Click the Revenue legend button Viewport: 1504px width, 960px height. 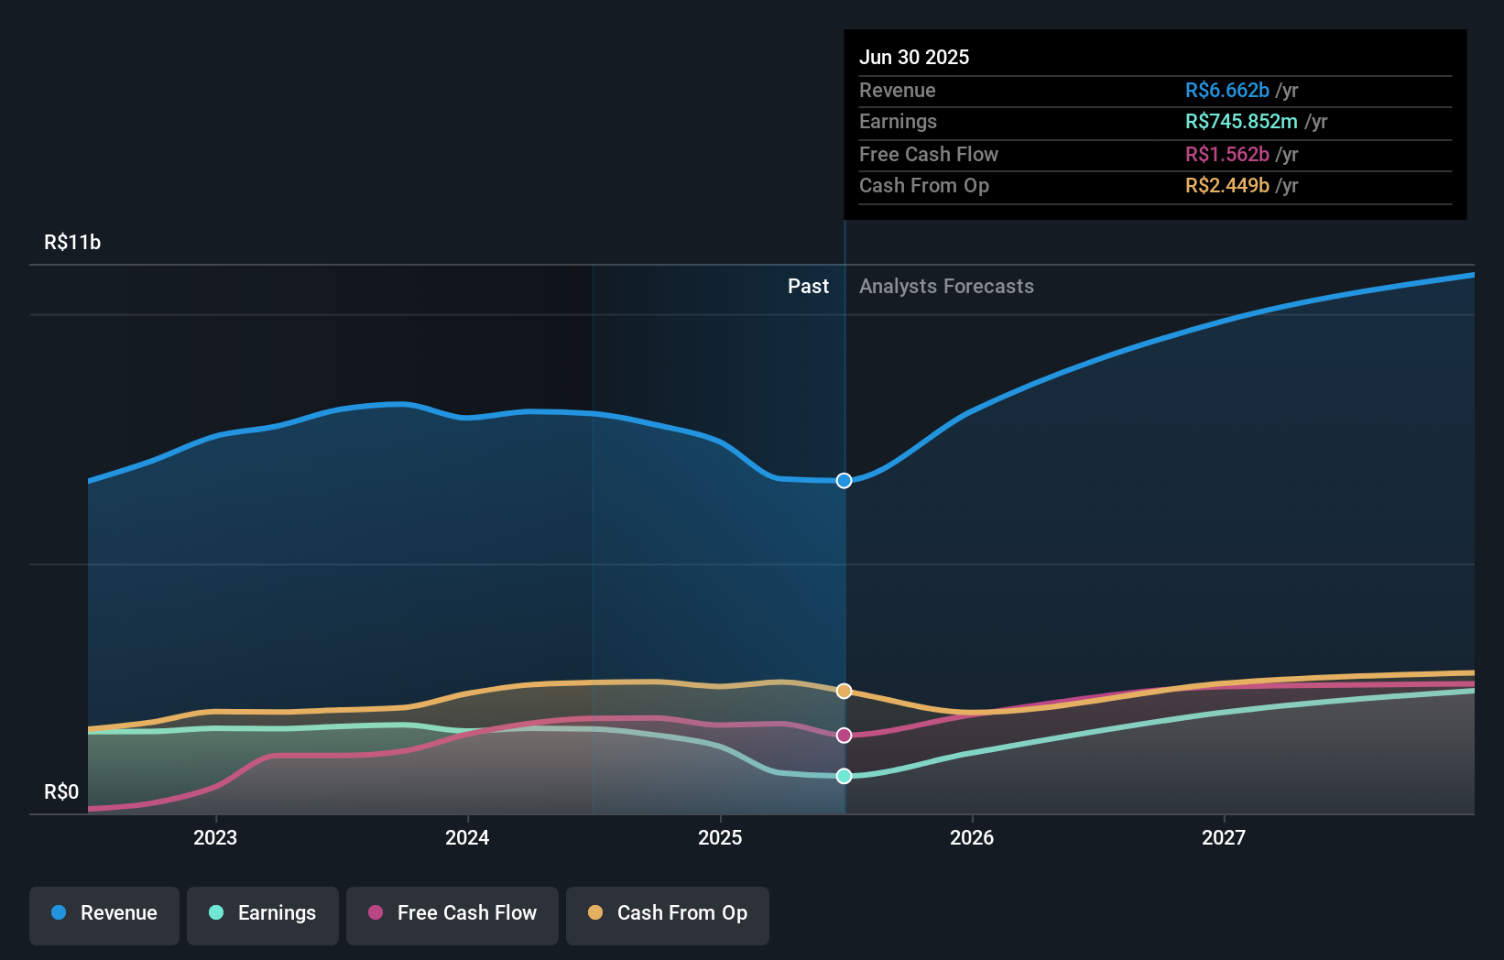coord(104,913)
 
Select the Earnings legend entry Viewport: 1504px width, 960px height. coord(263,913)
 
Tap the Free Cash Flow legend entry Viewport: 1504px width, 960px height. coord(452,913)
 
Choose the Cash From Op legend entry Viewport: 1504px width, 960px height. coord(668,913)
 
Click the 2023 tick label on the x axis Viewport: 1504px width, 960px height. coord(215,838)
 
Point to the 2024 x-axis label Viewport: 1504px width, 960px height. coord(467,838)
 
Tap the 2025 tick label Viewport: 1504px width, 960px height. coord(720,838)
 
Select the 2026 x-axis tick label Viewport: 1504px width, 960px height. coord(972,838)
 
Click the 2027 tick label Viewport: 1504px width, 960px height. coord(1224,838)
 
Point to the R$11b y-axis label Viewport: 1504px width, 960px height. coord(72,243)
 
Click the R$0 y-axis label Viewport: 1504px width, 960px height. coord(61,792)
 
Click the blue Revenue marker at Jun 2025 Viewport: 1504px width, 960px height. coord(845,481)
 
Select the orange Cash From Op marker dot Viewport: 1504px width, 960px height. coord(845,692)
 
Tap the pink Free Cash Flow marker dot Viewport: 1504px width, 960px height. coord(845,736)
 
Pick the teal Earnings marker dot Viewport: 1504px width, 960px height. coord(845,776)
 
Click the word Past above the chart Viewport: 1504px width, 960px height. coord(808,287)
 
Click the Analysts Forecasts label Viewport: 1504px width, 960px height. coord(946,287)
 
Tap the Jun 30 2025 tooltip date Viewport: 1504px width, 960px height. coord(914,58)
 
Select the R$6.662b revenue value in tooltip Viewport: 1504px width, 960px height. coord(1226,91)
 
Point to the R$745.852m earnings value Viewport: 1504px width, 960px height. coord(1241,122)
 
